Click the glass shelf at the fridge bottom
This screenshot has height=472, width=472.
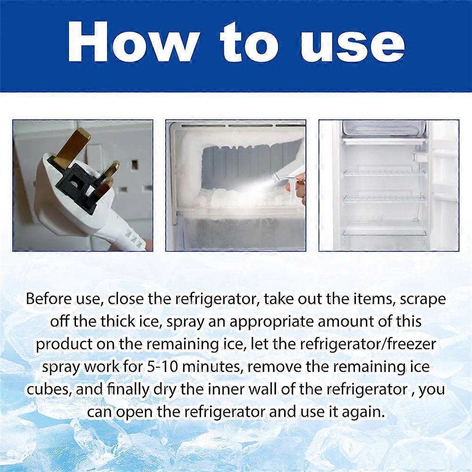(x=384, y=231)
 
